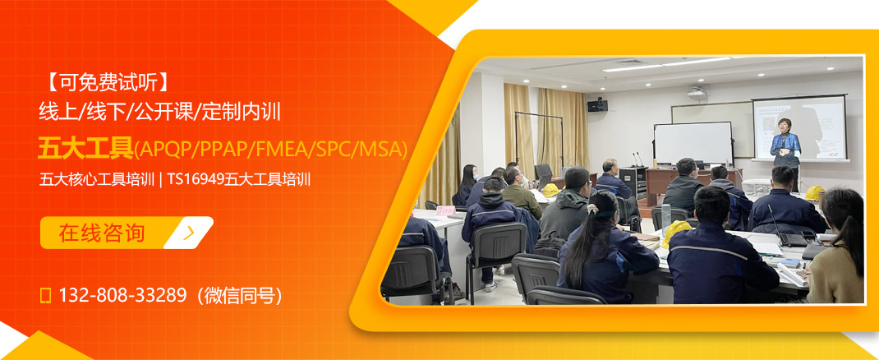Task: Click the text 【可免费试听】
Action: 107,81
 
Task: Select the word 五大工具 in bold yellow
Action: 85,148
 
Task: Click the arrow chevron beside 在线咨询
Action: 190,233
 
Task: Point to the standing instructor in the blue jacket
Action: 785,148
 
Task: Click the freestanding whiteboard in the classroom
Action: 693,142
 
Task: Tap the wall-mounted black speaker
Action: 597,104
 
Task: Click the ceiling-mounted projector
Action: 697,91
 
